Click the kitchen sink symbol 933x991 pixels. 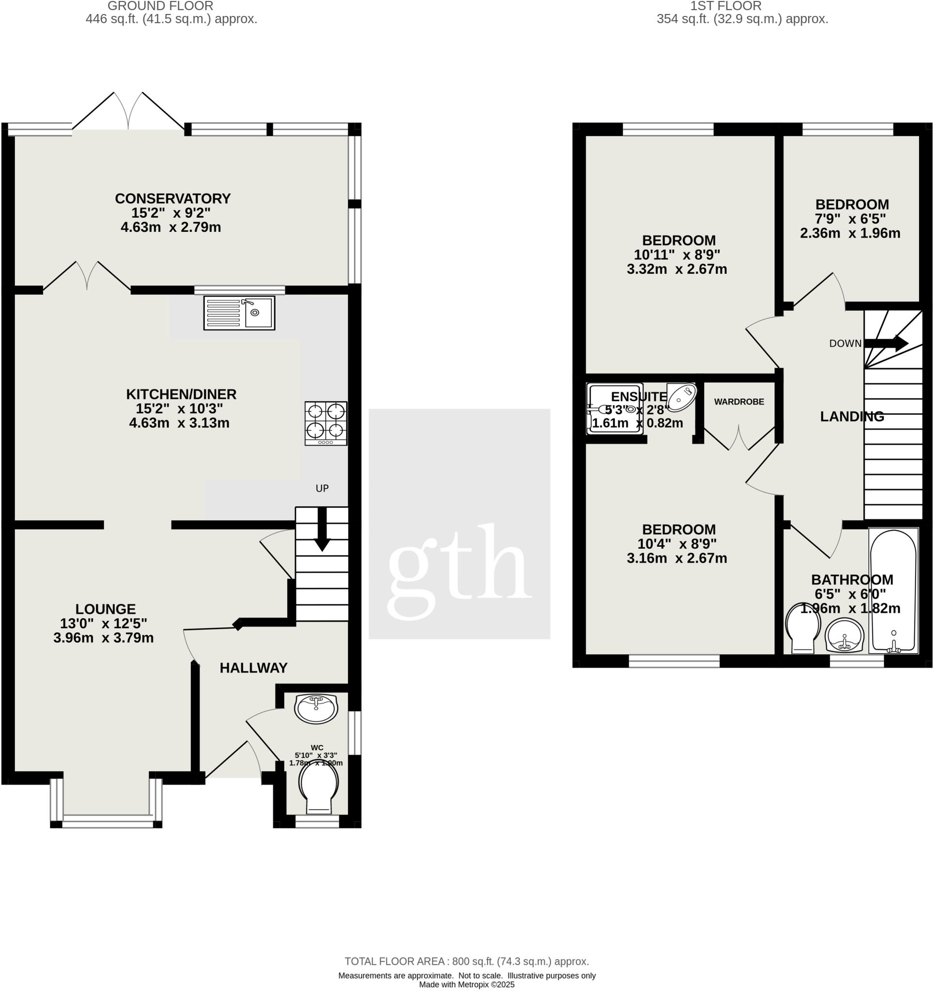pos(239,313)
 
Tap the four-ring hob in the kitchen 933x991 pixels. pos(326,423)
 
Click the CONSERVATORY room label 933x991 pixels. pos(173,198)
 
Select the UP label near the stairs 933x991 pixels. pos(322,488)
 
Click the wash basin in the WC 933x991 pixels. pos(316,708)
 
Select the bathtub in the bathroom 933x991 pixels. pos(893,590)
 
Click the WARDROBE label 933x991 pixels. pos(739,402)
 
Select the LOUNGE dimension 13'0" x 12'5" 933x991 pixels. pos(104,623)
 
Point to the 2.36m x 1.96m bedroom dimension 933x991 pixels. pos(850,233)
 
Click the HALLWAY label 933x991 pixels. pos(253,667)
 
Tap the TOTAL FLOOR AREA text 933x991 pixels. pos(466,961)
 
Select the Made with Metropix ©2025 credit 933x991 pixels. pos(466,985)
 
